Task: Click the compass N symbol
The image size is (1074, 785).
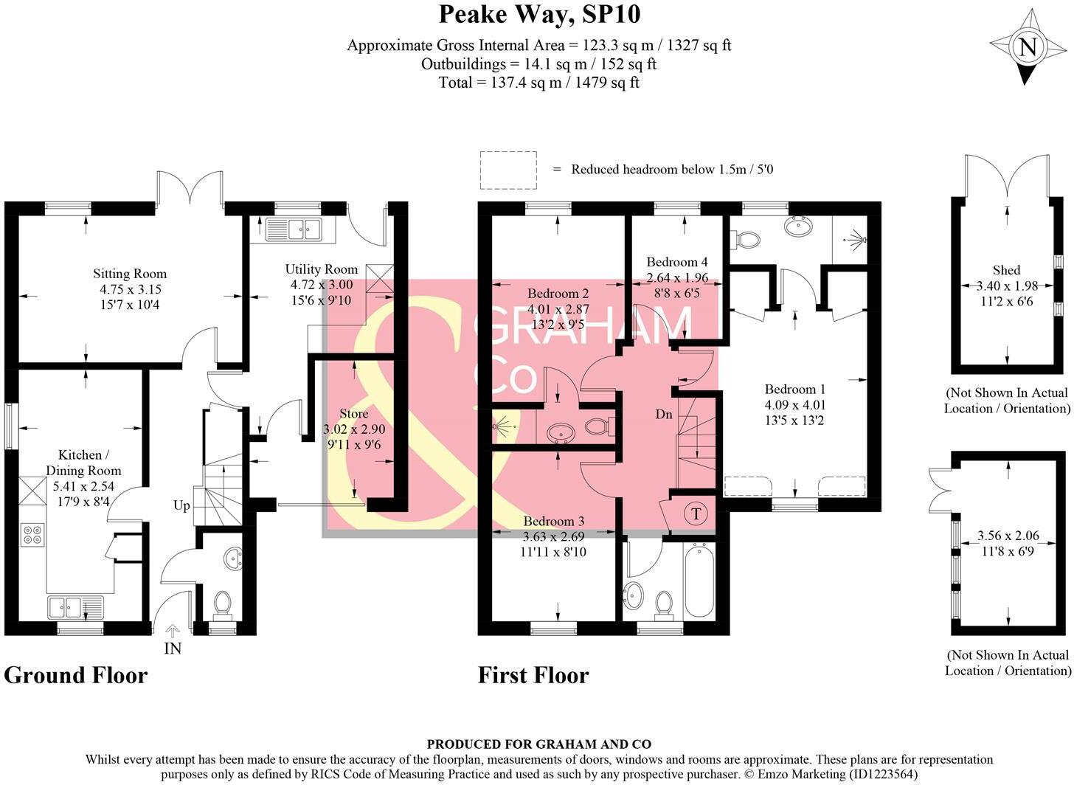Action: click(x=1027, y=48)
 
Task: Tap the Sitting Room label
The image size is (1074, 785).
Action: click(x=129, y=274)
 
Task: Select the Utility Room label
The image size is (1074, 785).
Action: click(x=321, y=269)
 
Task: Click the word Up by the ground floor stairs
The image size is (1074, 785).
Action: click(x=181, y=505)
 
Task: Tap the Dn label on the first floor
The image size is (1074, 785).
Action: click(x=664, y=415)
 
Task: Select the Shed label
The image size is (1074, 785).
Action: click(x=1007, y=270)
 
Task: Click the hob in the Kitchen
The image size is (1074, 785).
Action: click(x=32, y=534)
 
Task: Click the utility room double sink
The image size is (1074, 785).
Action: click(x=293, y=230)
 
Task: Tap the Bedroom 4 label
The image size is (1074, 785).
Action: click(x=676, y=262)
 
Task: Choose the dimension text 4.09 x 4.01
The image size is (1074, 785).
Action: click(x=794, y=405)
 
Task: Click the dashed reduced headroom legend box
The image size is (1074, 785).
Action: click(x=508, y=169)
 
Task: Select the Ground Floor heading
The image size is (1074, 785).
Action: click(x=76, y=674)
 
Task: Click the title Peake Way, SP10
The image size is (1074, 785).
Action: click(x=539, y=14)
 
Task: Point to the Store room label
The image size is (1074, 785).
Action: click(x=353, y=413)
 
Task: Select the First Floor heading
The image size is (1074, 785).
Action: click(x=533, y=674)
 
